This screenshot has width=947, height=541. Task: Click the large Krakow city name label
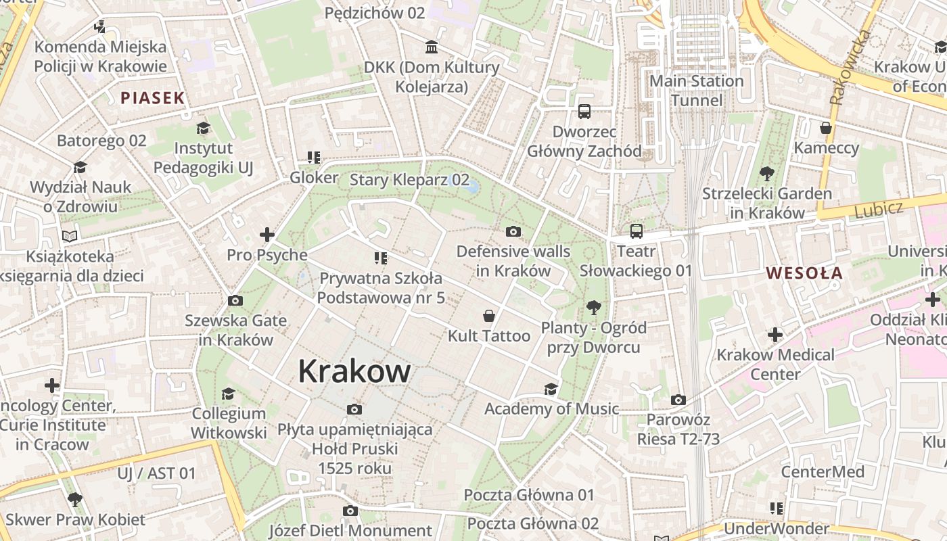coord(354,371)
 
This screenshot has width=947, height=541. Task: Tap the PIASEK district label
coord(152,98)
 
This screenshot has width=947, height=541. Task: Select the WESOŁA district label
coord(804,273)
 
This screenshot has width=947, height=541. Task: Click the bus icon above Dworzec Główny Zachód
coord(584,112)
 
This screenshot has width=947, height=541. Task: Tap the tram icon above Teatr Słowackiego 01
coord(636,231)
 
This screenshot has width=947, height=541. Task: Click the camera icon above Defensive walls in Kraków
coord(513,232)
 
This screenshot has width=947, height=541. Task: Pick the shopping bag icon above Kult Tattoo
coord(489,316)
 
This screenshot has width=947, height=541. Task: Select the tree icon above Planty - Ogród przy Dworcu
coord(594,308)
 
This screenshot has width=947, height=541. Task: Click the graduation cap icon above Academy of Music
coord(551,389)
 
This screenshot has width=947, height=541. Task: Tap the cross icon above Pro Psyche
coord(267,235)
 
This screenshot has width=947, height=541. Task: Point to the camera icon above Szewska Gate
coord(235,300)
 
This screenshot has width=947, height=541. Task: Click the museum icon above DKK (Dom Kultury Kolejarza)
coord(432,47)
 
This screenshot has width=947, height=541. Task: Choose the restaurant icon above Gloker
coord(313,158)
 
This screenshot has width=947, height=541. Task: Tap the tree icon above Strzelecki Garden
coord(766,174)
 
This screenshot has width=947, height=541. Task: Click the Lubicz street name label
coord(878,210)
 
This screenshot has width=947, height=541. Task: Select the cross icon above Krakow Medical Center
coord(775,334)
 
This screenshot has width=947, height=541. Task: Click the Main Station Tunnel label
coord(696,91)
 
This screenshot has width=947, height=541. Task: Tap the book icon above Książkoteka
coord(70,236)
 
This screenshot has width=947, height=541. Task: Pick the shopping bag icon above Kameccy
coord(825,128)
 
